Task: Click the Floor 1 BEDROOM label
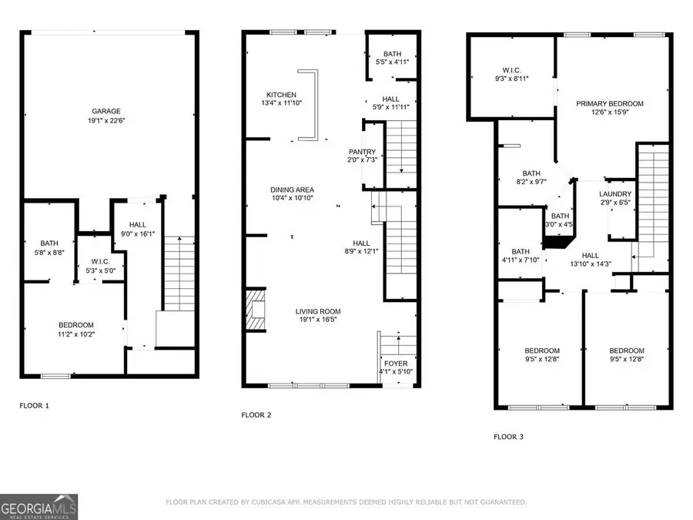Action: (75, 324)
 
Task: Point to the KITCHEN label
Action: (280, 95)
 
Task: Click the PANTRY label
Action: (362, 152)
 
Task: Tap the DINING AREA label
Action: (292, 190)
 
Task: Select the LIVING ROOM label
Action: (318, 311)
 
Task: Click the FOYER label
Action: (397, 363)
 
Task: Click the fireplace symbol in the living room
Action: (256, 311)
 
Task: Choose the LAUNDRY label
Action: (615, 194)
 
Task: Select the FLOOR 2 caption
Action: (257, 414)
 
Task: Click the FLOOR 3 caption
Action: (508, 437)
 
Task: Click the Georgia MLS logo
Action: (39, 506)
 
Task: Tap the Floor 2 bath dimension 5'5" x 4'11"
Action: (393, 62)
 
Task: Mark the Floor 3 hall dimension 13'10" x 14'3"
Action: (591, 264)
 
